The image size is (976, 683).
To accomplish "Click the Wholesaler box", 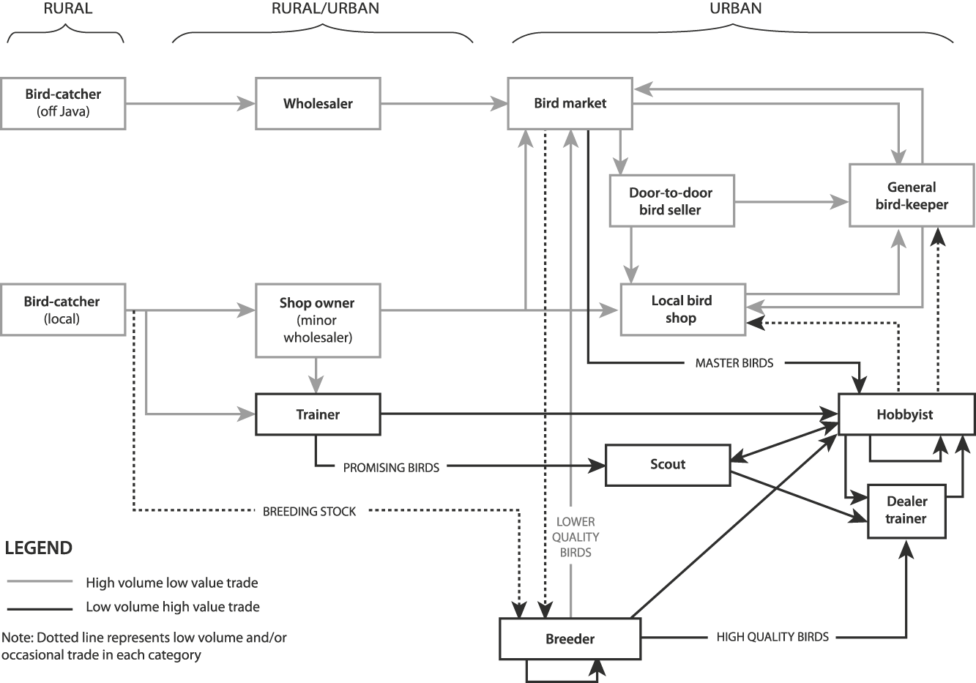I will click(318, 103).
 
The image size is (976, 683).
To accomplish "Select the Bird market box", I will click(570, 103).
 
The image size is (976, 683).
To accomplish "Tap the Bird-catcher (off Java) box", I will click(62, 103).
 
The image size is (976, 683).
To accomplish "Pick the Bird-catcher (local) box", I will click(62, 310).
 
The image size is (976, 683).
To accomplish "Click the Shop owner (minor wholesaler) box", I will click(318, 320).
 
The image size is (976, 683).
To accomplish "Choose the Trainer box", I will click(318, 414).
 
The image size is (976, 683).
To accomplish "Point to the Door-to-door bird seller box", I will click(671, 201).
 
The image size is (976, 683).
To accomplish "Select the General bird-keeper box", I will click(912, 195).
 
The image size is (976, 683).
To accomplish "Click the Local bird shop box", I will click(682, 310).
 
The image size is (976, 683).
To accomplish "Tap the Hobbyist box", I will click(906, 414).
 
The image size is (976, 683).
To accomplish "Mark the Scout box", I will click(668, 464).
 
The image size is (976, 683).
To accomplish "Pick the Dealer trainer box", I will click(906, 510).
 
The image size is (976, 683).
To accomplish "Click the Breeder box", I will click(570, 639).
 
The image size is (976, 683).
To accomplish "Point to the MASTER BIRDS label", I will click(734, 362).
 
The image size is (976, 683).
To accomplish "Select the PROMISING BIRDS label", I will click(391, 468).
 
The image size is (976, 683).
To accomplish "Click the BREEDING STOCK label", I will click(309, 512).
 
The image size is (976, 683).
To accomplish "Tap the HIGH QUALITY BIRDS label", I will click(772, 638).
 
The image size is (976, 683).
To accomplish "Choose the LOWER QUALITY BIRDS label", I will click(575, 537).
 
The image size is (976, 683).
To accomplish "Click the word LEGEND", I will click(38, 548).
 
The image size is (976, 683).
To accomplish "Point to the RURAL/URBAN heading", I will click(325, 9).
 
